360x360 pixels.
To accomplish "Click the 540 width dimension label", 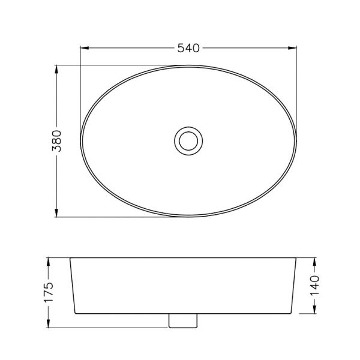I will coord(188,48).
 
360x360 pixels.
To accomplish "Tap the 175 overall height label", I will coord(49,293).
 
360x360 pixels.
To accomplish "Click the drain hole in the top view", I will coord(189,140).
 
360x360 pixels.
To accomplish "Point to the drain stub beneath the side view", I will coord(183,321).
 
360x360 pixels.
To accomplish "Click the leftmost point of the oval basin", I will coord(81,140).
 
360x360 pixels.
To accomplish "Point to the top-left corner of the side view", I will coord(70,258).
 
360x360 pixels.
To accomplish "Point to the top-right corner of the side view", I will coord(298,258).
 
